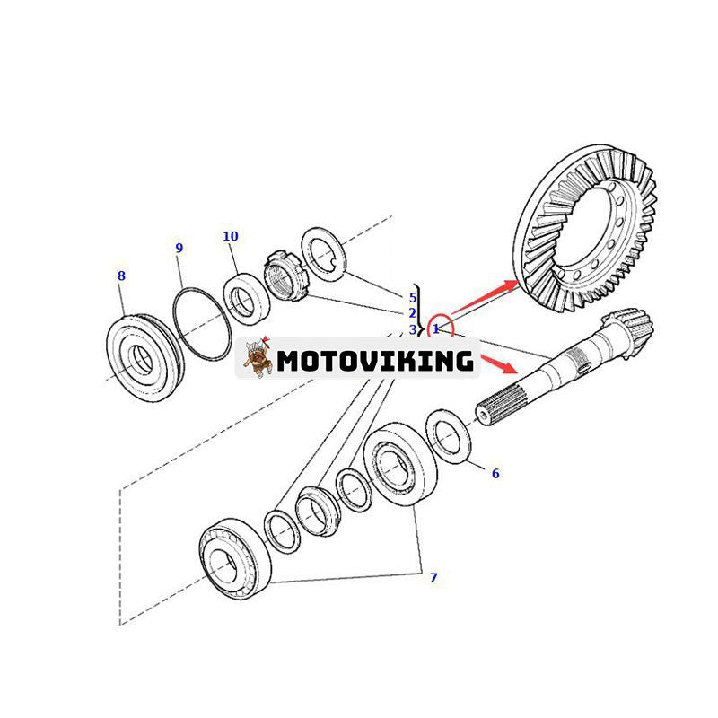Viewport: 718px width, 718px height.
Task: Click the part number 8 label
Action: tap(122, 276)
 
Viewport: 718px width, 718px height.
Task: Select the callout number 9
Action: tap(179, 247)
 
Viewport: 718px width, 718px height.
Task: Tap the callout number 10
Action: tap(231, 236)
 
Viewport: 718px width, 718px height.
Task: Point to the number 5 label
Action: tap(413, 297)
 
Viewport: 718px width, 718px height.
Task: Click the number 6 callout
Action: tap(495, 474)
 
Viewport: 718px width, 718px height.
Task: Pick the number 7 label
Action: tap(433, 578)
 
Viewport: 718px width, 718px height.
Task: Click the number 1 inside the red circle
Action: tap(437, 329)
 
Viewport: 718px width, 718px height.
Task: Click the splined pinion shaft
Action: tap(538, 377)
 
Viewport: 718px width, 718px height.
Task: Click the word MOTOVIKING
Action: tap(375, 361)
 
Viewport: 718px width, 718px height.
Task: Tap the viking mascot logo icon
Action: tap(258, 359)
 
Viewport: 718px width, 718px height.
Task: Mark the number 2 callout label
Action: tap(413, 313)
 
